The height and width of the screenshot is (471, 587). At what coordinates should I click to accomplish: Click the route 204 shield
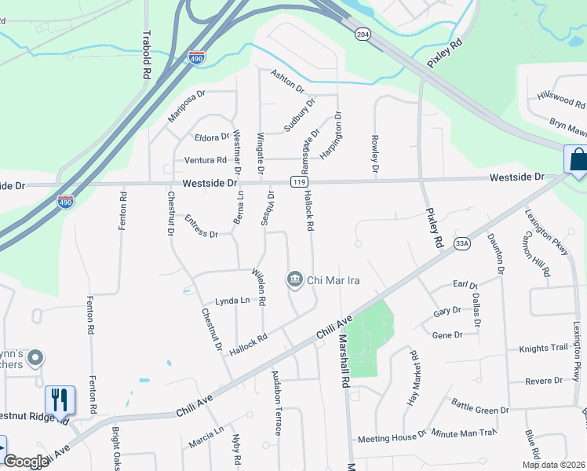pos(362,35)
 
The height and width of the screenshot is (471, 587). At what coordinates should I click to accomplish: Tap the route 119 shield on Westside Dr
pos(298,182)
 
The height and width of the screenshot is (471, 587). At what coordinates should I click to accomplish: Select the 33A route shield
pos(461,244)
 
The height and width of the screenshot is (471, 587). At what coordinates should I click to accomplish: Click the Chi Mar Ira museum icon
pos(295,279)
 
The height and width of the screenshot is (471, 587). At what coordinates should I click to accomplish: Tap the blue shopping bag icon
pos(578,159)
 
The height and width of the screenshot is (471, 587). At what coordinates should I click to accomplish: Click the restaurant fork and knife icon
pos(60,400)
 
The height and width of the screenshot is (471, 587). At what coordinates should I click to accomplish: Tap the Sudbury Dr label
pos(299,114)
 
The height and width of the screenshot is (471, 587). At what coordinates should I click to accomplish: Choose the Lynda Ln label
pos(232,301)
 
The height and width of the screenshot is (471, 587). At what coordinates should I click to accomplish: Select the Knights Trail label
pos(542,348)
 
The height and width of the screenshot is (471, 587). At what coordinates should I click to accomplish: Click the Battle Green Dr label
pos(480,405)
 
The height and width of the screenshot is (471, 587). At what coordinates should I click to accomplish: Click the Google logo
pos(26,461)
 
